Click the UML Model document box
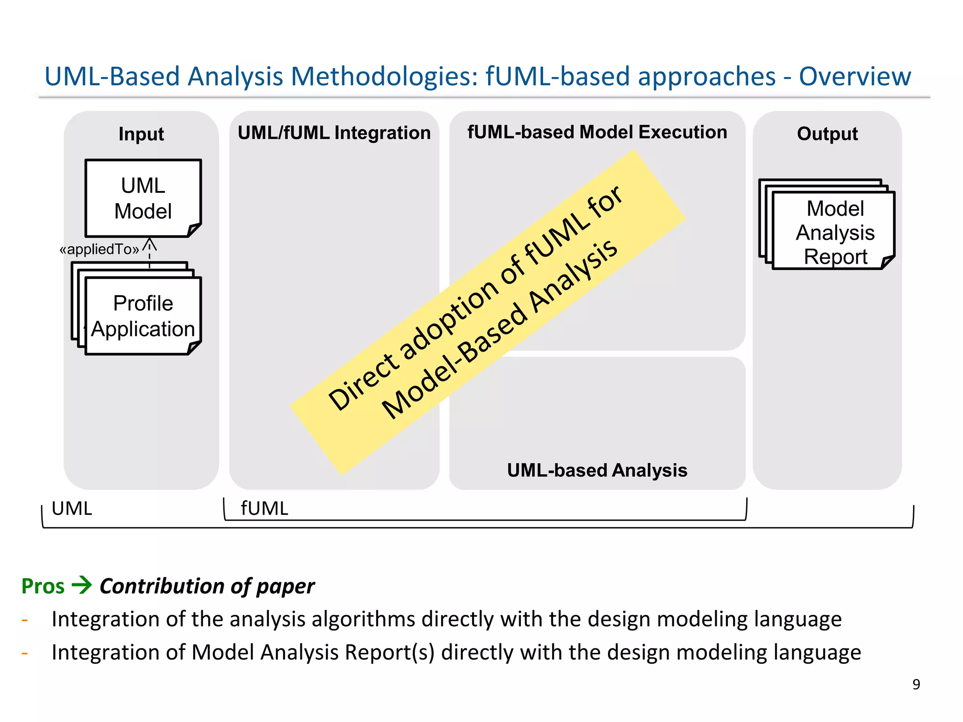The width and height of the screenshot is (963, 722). tap(143, 198)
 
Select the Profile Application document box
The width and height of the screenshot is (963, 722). tap(143, 316)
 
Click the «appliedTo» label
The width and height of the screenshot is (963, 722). tap(99, 249)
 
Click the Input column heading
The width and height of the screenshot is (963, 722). tap(141, 134)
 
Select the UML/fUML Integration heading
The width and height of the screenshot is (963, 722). tap(334, 133)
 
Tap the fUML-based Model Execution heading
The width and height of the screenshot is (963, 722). tap(597, 132)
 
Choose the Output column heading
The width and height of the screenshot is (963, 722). tap(827, 134)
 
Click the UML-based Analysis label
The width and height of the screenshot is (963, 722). tap(597, 471)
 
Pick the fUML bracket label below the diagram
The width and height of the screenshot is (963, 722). tap(264, 509)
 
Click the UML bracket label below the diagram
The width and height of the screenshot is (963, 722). tap(72, 509)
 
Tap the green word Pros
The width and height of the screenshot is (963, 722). tap(43, 586)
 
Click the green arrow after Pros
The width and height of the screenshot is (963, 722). tap(82, 585)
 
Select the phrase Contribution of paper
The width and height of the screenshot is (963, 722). tap(207, 586)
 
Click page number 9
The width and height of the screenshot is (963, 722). tap(916, 684)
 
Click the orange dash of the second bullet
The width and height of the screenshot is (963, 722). tap(25, 653)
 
